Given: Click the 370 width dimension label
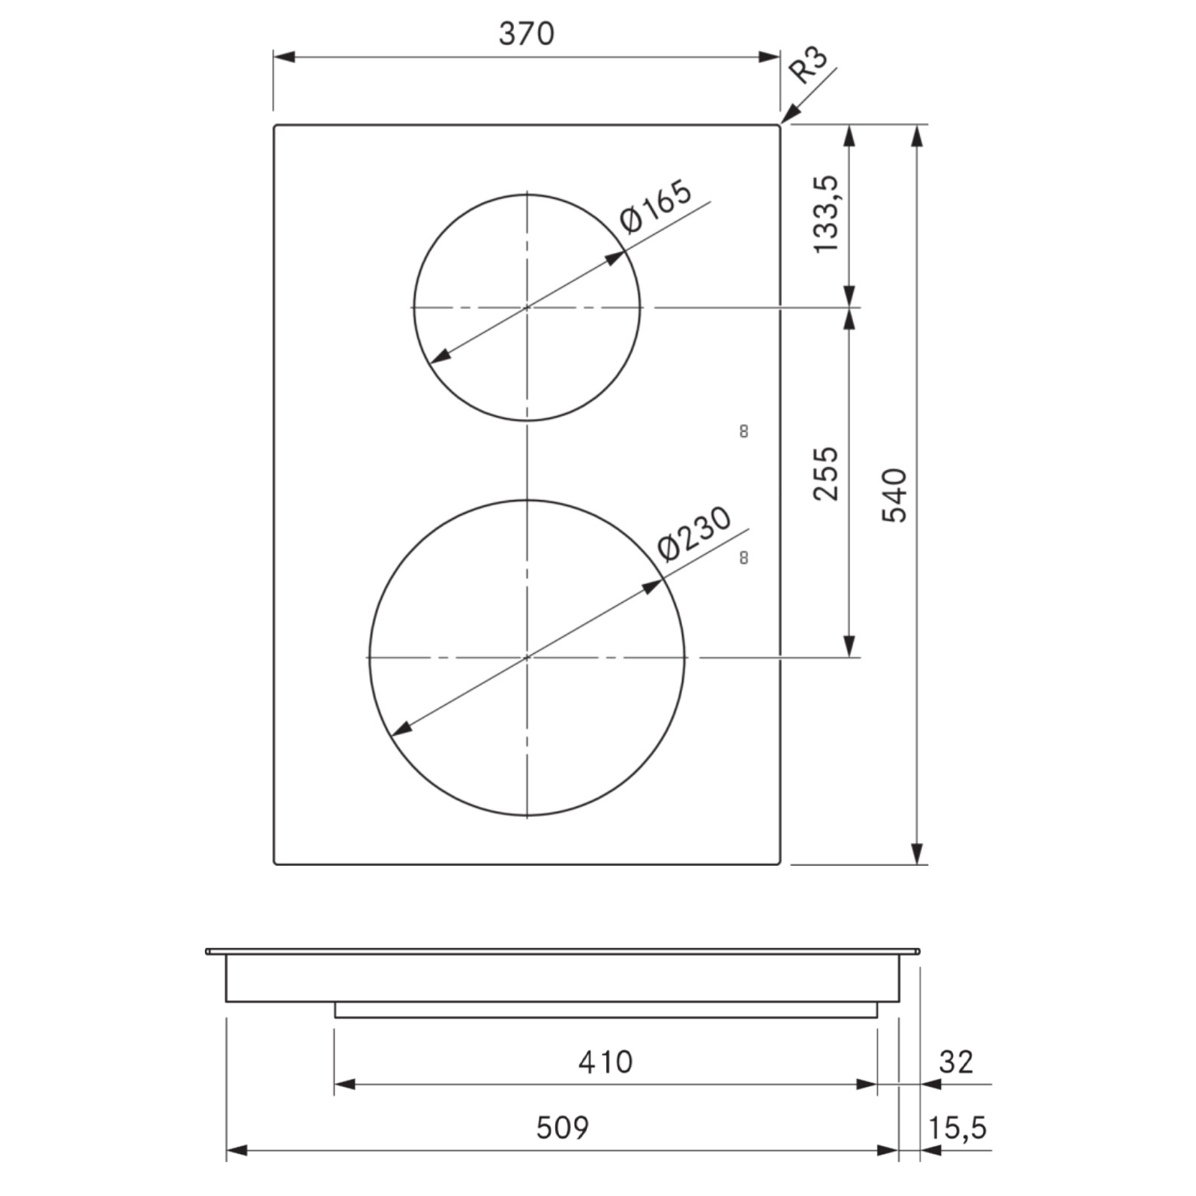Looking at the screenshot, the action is click(526, 34).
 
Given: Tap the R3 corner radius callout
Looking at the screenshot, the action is click(808, 64).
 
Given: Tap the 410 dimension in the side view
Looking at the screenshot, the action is click(606, 1062).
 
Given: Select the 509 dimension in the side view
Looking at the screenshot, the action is click(563, 1128).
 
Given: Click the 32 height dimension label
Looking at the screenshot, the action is click(956, 1062).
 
